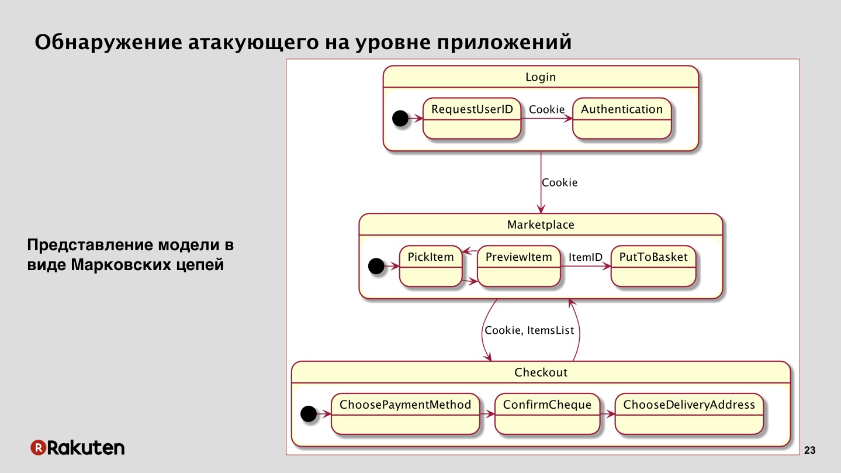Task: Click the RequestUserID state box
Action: pyautogui.click(x=472, y=119)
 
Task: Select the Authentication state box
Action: pyautogui.click(x=622, y=119)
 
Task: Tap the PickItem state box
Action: pyautogui.click(x=431, y=267)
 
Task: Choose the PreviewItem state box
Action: pyautogui.click(x=519, y=267)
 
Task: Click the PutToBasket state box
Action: pyautogui.click(x=653, y=267)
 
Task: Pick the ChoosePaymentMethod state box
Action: pyautogui.click(x=406, y=414)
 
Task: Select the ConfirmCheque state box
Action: pyautogui.click(x=548, y=414)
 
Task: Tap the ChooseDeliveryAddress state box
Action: pyautogui.click(x=689, y=414)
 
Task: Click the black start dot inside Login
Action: pyautogui.click(x=400, y=118)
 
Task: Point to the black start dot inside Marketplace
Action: pyautogui.click(x=376, y=266)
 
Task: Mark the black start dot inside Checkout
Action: pyautogui.click(x=309, y=413)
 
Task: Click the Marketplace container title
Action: pyautogui.click(x=541, y=225)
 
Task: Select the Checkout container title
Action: pyautogui.click(x=541, y=372)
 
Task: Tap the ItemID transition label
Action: pyautogui.click(x=586, y=257)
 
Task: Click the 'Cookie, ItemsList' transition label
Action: pyautogui.click(x=529, y=330)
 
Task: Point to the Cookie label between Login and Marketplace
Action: pyautogui.click(x=559, y=182)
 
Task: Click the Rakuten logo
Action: pyautogui.click(x=77, y=447)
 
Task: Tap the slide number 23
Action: pyautogui.click(x=810, y=450)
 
